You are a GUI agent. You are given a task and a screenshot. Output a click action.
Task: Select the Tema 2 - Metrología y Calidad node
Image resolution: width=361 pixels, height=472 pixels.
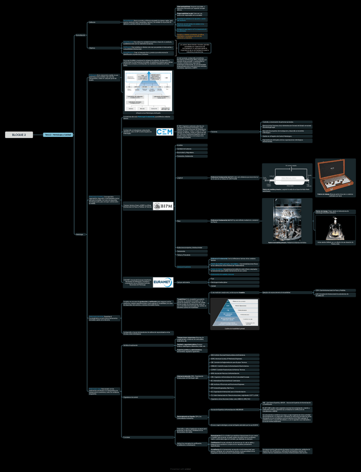pos(57,135)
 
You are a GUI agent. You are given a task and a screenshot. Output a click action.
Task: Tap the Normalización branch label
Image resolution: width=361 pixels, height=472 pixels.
pos(80,35)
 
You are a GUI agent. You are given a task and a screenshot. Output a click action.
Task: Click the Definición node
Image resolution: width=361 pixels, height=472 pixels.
pos(92,22)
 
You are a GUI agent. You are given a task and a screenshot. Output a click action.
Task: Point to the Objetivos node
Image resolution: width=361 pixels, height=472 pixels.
pos(92,48)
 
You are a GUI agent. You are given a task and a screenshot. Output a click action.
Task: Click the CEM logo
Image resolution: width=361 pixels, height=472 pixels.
pos(164,132)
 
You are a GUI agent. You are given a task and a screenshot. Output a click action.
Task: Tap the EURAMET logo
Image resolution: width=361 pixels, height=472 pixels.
pos(163,282)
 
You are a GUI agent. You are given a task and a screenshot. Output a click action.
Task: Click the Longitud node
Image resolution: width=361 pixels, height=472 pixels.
pos(179,178)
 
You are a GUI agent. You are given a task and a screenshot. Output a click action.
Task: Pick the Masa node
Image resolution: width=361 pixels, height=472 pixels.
pos(178,221)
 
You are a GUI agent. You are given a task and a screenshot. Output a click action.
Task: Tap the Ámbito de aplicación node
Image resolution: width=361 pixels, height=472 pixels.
pos(130,345)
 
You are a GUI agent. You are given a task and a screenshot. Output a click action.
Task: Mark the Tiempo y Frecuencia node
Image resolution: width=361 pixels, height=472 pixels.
pos(183,254)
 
